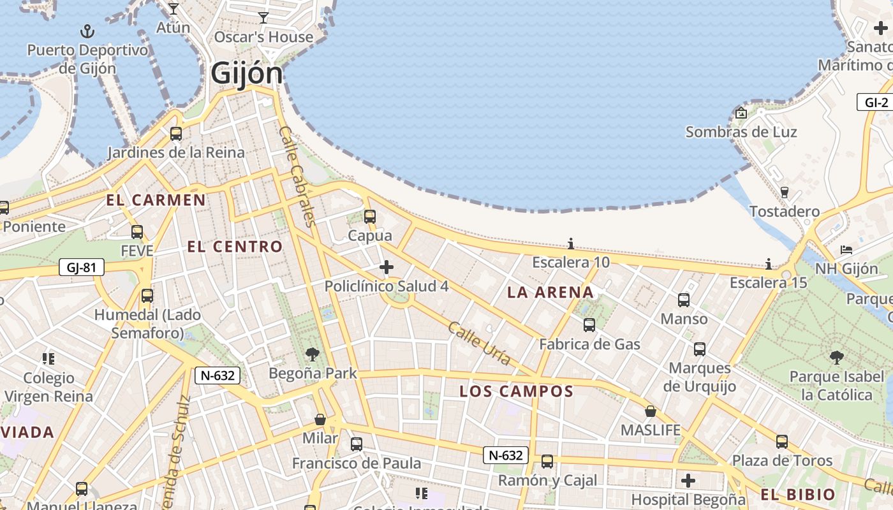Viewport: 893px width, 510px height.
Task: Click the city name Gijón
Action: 246,73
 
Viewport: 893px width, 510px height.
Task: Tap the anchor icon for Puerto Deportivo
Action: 87,31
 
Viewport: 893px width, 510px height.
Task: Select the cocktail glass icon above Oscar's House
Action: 263,17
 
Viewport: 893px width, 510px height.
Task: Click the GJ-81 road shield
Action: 81,267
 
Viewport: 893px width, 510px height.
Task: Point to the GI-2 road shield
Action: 876,103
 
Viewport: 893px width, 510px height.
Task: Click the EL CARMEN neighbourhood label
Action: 156,200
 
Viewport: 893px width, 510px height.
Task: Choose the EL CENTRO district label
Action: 235,247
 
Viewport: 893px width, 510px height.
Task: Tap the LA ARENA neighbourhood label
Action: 550,293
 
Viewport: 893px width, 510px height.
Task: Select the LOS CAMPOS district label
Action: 517,391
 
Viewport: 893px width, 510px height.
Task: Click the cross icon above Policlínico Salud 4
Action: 386,267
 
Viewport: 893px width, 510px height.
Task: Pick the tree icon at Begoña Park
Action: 312,354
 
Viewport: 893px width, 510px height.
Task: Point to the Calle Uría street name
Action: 479,344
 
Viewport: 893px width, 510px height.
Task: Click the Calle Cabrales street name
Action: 297,176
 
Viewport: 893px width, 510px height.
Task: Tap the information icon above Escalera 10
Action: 571,244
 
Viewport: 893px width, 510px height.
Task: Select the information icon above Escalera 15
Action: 769,264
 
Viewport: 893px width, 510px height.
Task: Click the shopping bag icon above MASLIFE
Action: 651,411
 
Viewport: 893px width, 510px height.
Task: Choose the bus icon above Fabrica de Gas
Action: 589,325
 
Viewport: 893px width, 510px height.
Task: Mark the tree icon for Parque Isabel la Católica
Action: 836,358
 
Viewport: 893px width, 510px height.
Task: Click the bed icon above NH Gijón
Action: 846,249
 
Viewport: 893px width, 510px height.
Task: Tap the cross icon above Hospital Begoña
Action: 688,480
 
